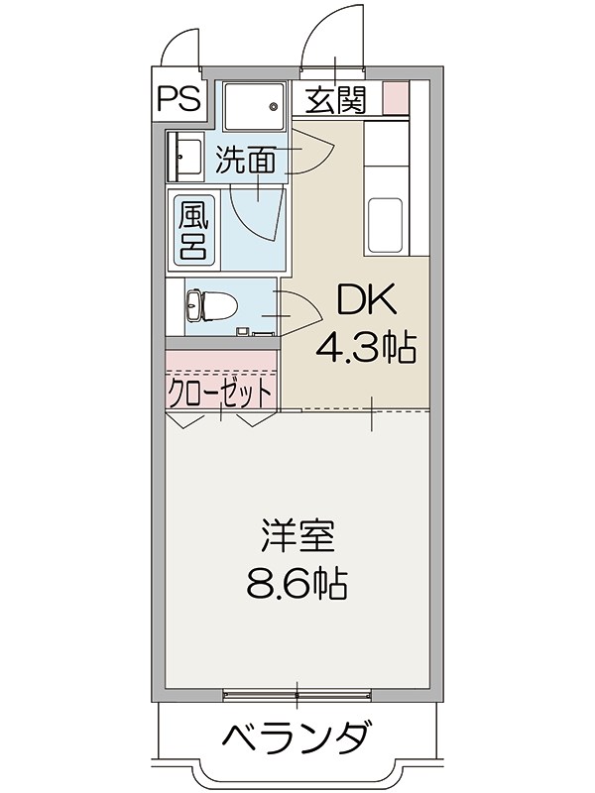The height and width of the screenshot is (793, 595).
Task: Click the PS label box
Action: click(178, 97)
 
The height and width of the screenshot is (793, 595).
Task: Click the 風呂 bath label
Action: click(191, 229)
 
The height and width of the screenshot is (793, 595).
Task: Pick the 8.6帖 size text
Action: click(297, 584)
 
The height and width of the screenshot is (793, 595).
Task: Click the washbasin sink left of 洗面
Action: click(185, 156)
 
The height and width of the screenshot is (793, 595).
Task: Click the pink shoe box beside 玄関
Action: click(395, 98)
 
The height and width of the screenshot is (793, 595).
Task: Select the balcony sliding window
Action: click(297, 693)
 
